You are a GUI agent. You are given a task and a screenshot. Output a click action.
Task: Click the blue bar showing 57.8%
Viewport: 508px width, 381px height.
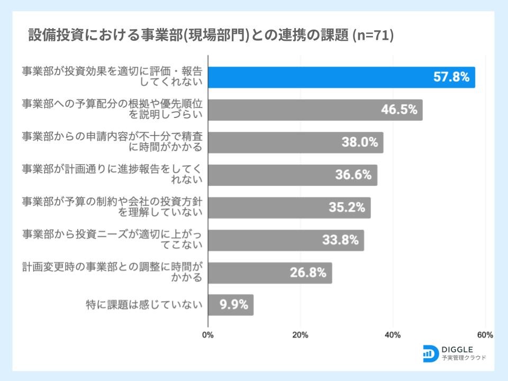(x=341, y=77)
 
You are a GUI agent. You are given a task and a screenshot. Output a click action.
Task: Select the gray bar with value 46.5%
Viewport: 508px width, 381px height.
(x=315, y=110)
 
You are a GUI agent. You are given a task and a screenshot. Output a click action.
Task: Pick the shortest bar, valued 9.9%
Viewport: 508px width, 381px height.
(x=231, y=305)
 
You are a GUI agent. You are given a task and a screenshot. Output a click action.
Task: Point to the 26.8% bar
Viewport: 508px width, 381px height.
(x=270, y=273)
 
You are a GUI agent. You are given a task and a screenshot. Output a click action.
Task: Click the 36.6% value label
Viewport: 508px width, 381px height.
(x=353, y=175)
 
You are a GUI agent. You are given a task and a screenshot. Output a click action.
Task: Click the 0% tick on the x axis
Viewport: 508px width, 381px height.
(x=208, y=335)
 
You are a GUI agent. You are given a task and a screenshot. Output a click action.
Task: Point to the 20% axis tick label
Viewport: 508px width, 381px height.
(x=301, y=335)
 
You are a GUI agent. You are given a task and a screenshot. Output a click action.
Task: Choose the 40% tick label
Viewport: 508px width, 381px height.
(x=393, y=335)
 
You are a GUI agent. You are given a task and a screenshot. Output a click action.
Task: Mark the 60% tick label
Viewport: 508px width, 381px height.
(x=485, y=335)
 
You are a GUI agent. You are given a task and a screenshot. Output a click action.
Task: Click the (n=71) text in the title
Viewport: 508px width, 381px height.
(x=373, y=36)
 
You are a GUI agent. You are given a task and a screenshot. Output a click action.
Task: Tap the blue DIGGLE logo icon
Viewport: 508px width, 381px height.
(x=431, y=353)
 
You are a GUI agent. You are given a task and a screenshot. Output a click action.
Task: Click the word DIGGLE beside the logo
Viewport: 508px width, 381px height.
(x=458, y=349)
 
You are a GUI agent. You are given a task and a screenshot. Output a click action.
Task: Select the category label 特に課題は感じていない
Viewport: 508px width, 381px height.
(x=144, y=305)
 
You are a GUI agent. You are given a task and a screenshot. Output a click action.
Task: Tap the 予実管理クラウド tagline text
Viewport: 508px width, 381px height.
(x=464, y=358)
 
